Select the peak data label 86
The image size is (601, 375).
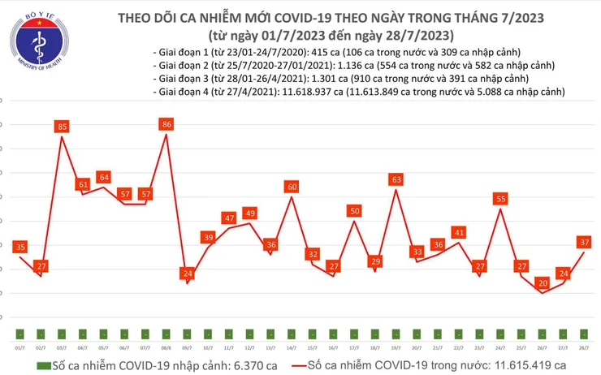tap(166, 124)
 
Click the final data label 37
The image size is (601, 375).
tap(584, 242)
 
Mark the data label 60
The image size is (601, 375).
tap(292, 187)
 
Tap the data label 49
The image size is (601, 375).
tap(250, 213)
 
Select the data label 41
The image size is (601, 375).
tap(459, 233)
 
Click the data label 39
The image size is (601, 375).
tap(208, 237)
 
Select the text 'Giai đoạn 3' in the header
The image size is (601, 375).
tap(183, 78)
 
